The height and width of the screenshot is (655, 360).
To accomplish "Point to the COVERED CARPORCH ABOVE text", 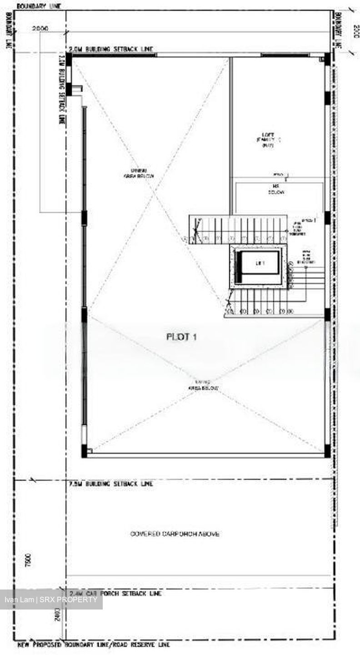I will coord(175,534).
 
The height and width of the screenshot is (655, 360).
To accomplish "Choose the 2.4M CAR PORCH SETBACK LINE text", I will coord(115,593).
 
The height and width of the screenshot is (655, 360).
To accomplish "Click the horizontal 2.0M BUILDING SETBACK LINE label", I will coord(111,49).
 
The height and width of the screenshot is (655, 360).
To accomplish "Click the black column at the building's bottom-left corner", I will coord(84,451).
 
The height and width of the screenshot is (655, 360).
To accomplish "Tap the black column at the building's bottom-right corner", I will coord(327,451).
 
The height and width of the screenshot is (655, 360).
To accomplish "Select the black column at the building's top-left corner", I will coord(69,59).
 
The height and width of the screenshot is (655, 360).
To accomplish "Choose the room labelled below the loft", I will coord(278,190).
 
